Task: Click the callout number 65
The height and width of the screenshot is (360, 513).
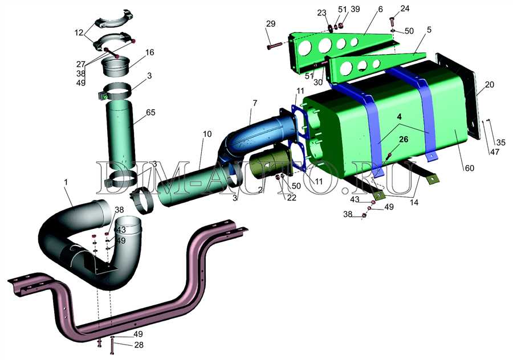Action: click(x=151, y=112)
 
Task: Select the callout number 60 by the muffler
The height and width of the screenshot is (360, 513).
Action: click(x=470, y=168)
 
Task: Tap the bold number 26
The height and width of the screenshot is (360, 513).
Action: click(x=404, y=140)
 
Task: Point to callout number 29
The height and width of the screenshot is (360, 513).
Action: click(x=271, y=23)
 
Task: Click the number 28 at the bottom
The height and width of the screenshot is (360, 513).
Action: click(x=139, y=345)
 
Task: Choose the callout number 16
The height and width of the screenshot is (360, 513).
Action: click(x=149, y=52)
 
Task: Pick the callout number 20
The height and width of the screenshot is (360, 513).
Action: click(x=490, y=85)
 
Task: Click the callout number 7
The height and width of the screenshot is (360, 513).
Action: click(x=255, y=103)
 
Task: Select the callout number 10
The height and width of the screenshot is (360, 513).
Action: click(x=207, y=134)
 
